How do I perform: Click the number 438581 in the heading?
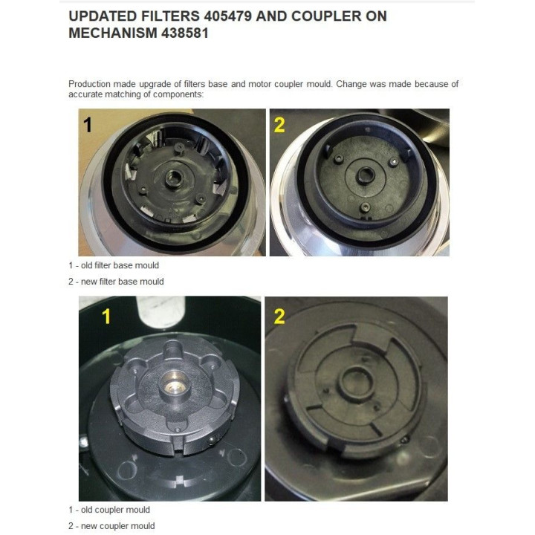coord(184,33)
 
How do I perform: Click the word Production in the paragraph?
coord(90,84)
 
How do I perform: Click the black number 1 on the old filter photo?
coord(88,125)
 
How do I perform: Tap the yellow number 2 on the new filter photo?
coord(279,126)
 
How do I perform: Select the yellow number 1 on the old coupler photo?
coord(106,317)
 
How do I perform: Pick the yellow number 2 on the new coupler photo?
coord(279,317)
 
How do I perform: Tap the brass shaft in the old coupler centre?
coord(175,383)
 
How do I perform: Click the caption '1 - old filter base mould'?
coord(114,265)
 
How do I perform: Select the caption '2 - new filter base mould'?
coord(116,282)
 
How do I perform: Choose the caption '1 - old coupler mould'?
coord(109,510)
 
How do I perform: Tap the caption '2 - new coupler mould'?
coord(111,526)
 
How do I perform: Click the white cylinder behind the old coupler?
coord(160,310)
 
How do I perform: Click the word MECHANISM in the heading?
coord(113,33)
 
